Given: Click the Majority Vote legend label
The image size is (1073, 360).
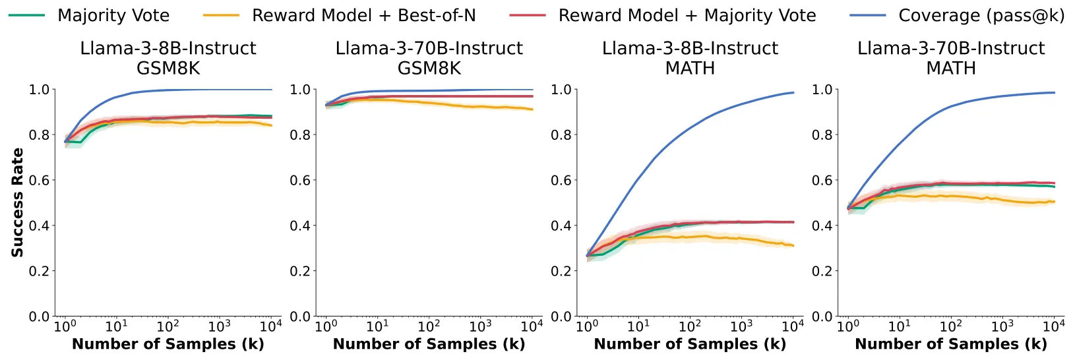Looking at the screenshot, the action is [113, 16].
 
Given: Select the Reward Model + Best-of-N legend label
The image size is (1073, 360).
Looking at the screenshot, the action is [364, 16].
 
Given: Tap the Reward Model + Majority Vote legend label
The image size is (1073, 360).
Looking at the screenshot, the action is [687, 16].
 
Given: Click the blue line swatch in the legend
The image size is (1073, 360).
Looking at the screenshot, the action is [867, 16].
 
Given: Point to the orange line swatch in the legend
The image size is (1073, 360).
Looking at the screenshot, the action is [221, 16].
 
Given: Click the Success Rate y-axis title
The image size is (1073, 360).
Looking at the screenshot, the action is [17, 202].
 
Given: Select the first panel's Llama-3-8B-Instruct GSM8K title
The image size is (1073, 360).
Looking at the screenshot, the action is [168, 58].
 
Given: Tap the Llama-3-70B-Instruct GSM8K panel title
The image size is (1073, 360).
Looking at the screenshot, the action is [429, 58].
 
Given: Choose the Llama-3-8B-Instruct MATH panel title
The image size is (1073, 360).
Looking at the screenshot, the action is [690, 58].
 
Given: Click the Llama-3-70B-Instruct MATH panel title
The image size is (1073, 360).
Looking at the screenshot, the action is [952, 58].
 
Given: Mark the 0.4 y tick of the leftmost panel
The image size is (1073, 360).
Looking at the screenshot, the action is [40, 225].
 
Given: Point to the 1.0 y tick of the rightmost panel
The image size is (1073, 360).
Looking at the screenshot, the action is [822, 90].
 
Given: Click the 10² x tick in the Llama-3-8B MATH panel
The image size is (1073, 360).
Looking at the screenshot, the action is [690, 326].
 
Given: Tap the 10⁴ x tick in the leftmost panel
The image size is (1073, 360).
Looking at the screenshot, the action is [270, 326].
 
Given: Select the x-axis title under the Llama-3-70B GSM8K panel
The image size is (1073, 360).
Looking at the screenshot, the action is [429, 344].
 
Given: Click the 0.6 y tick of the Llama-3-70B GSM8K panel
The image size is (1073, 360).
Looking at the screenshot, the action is [300, 181].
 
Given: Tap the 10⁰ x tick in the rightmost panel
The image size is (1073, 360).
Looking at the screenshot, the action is [848, 326].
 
